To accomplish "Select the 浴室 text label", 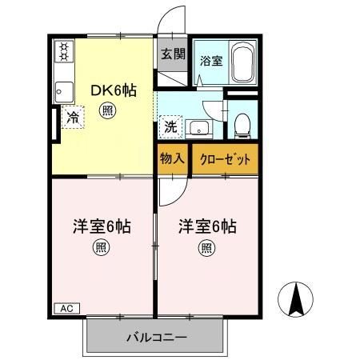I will point(210,61).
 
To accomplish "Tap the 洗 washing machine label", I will point(170,126).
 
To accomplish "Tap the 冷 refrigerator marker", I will point(72,118).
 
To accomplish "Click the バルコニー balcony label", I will point(156,337).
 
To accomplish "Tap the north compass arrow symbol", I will point(294,301).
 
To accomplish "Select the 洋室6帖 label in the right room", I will point(206,226).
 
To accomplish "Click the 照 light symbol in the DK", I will point(106,113).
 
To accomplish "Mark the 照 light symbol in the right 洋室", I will point(206,249).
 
